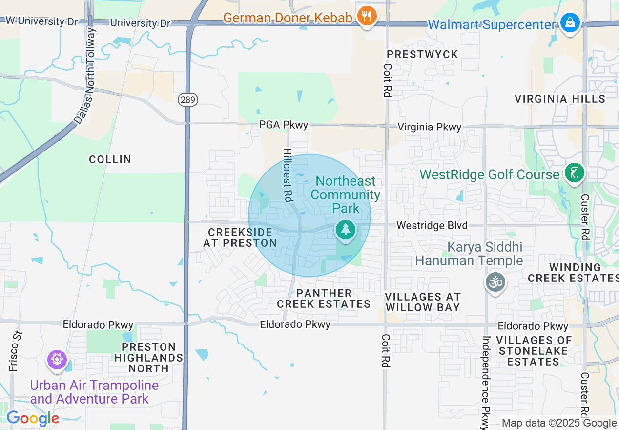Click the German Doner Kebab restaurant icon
pos(366,16)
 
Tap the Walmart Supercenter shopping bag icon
pos(570,22)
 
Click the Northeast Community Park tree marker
pos(346,229)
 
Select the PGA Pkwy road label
pos(284,125)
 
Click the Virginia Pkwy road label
pos(429,127)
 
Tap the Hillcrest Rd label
pos(288,175)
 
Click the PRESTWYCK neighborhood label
pos(422,54)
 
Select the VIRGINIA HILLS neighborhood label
pos(560,99)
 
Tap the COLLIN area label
pos(110,159)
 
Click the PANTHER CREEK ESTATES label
pos(324,299)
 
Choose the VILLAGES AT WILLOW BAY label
pos(423,302)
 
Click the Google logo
pos(33,418)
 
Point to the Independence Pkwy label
pos(486,377)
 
